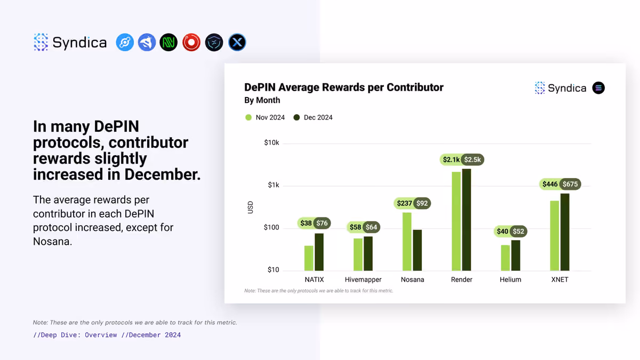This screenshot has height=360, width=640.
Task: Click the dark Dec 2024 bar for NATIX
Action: click(x=319, y=252)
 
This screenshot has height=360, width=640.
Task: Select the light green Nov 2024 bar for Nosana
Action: click(x=407, y=242)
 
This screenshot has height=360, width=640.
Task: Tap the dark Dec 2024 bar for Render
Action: click(x=467, y=220)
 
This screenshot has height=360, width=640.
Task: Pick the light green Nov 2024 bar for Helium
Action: click(x=506, y=258)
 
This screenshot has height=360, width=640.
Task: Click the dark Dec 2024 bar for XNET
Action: click(x=565, y=232)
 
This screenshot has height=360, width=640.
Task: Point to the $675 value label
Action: click(x=570, y=185)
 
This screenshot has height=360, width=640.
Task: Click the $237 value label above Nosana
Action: click(x=404, y=203)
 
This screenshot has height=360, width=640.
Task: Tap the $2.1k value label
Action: click(x=451, y=159)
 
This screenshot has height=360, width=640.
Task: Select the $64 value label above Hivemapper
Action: click(x=371, y=227)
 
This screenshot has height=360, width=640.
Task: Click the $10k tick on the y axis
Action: click(x=271, y=142)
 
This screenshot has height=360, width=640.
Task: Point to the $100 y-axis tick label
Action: click(x=271, y=227)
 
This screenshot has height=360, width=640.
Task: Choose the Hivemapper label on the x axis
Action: click(x=363, y=279)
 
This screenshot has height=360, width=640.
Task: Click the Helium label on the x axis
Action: click(x=510, y=279)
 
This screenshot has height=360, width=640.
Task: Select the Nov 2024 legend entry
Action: click(x=265, y=117)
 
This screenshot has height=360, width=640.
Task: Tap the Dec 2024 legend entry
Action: click(x=313, y=117)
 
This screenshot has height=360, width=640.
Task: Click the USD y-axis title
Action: click(x=250, y=207)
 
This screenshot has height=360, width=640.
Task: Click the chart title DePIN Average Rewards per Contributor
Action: click(x=343, y=87)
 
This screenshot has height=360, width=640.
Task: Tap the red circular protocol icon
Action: click(x=191, y=43)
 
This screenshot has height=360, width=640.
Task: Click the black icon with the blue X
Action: click(x=237, y=43)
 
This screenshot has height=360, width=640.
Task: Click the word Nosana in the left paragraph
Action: click(x=52, y=242)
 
